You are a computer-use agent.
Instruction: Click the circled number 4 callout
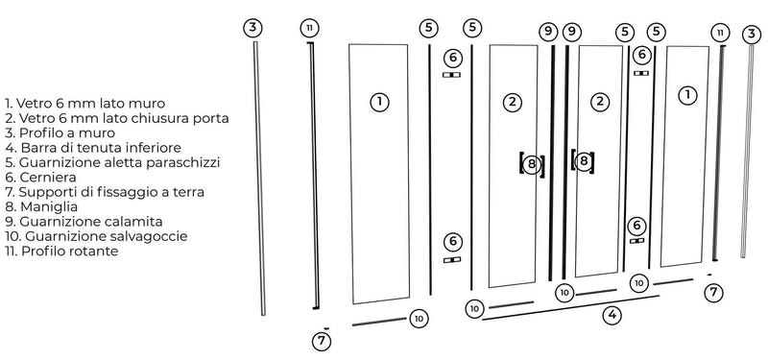point(612,313)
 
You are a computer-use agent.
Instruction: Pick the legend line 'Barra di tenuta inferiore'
point(93,148)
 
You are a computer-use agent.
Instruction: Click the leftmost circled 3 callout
point(252,27)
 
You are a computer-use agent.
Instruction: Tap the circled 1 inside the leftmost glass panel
point(380,101)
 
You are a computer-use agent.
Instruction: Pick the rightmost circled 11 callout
point(720,33)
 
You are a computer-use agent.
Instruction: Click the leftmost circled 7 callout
point(323,340)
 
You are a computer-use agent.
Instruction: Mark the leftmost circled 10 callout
point(419,318)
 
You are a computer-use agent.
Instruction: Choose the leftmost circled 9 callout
point(548,32)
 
